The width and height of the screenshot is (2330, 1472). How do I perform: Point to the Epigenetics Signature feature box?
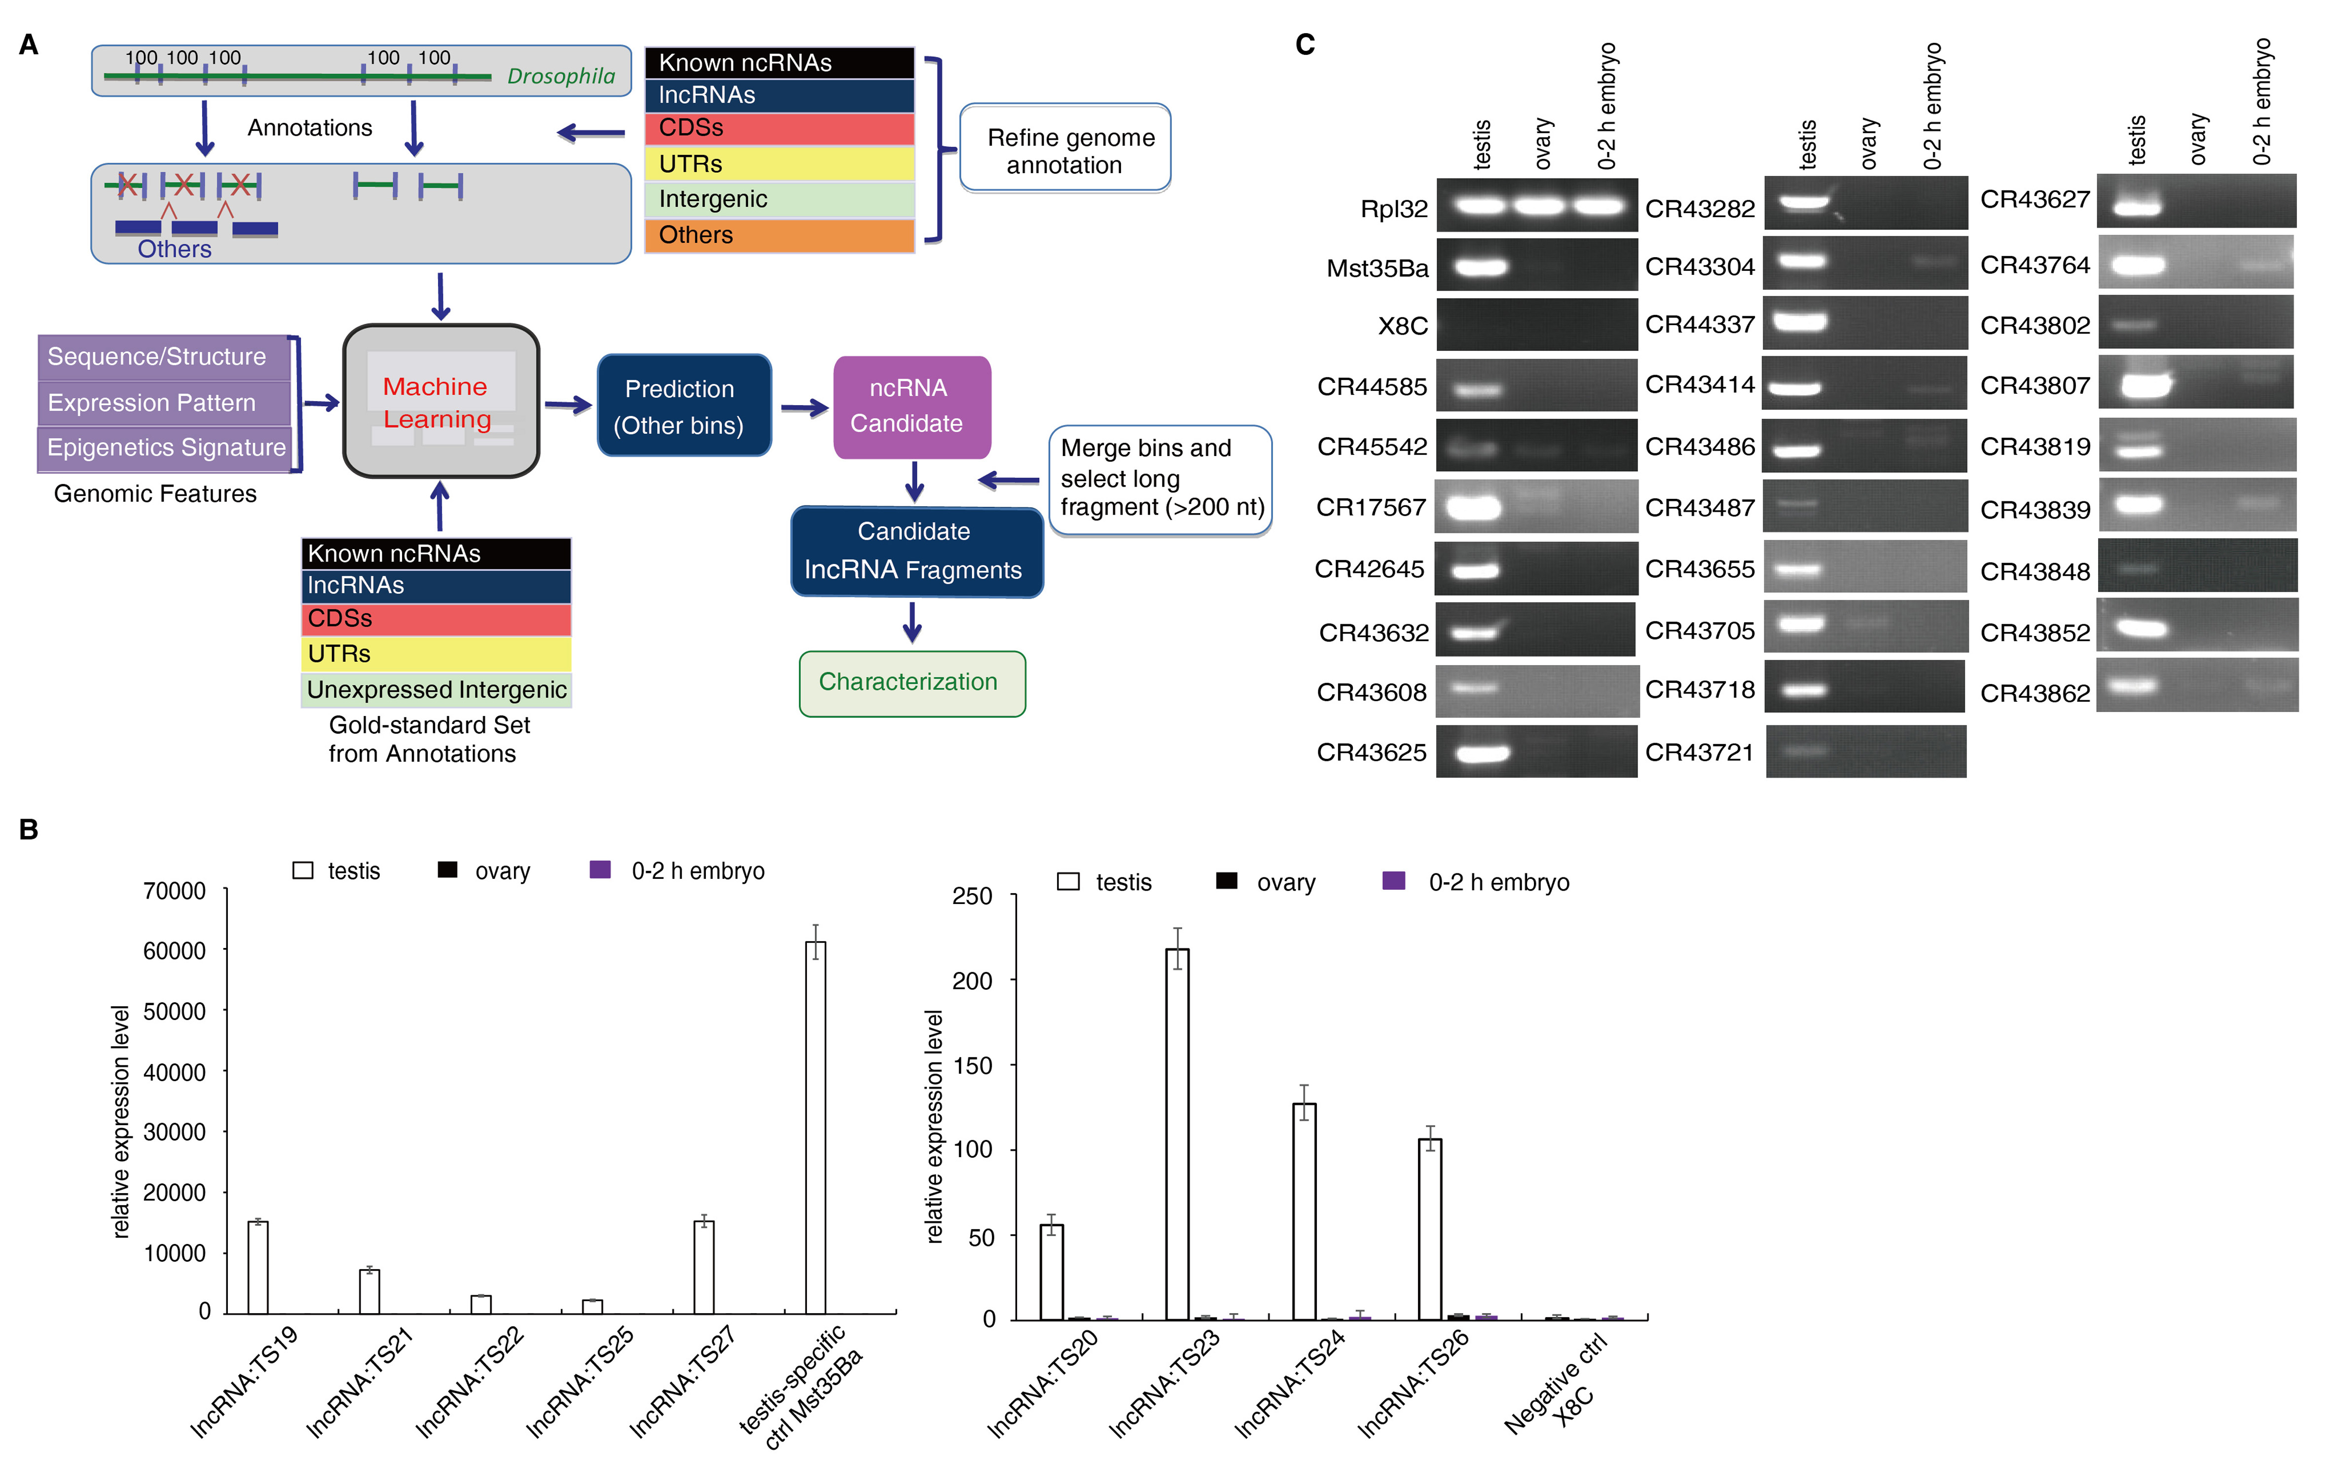(165, 448)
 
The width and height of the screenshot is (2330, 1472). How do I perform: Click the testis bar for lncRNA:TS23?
(1177, 1132)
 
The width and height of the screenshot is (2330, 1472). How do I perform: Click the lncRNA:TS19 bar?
(257, 1268)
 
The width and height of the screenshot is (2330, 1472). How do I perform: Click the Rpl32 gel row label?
(1393, 209)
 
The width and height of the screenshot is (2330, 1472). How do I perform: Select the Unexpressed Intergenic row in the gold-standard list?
(437, 690)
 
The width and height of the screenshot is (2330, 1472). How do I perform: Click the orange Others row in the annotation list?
(779, 235)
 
